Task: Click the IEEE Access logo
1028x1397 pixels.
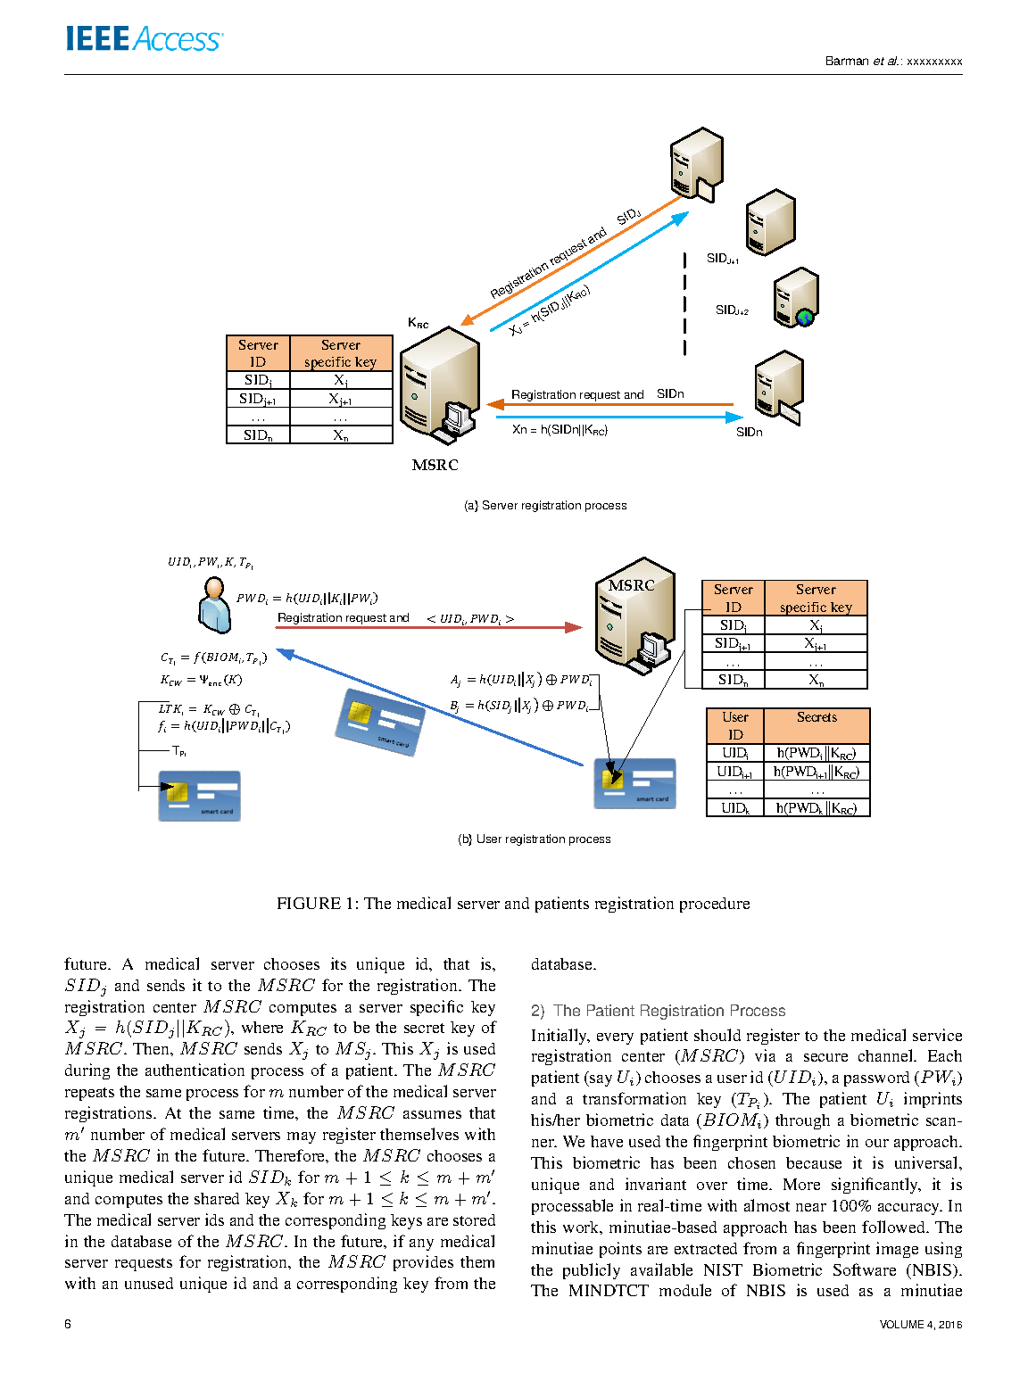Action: (144, 39)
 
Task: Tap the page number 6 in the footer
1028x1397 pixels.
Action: (68, 1324)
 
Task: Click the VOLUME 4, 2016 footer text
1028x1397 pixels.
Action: (920, 1325)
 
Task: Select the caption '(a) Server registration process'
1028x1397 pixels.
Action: (545, 506)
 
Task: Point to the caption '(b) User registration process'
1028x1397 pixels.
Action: (534, 839)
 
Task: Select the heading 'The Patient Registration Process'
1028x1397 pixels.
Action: (668, 1011)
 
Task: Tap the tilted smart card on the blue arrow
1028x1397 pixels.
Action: (380, 722)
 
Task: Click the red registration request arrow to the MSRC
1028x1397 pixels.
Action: (428, 628)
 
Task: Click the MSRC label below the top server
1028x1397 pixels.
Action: (435, 465)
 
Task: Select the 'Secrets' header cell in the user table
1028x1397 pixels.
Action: (817, 717)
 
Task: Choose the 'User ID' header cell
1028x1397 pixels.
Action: (735, 726)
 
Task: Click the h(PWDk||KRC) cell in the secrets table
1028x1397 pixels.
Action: (816, 808)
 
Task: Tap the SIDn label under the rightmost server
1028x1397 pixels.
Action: (749, 433)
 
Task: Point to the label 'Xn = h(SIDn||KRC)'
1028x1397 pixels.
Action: (560, 430)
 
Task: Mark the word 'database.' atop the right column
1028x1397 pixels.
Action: (563, 964)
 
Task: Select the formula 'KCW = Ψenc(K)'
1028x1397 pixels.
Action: (201, 680)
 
